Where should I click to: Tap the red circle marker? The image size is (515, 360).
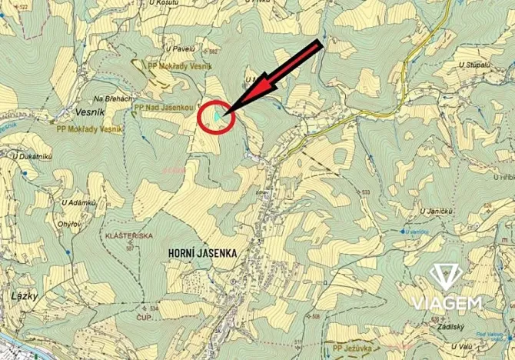click(215, 117)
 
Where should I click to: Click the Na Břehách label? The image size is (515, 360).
click(113, 99)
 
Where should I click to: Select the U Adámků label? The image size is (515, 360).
click(78, 202)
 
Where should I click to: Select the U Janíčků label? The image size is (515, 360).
click(437, 209)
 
